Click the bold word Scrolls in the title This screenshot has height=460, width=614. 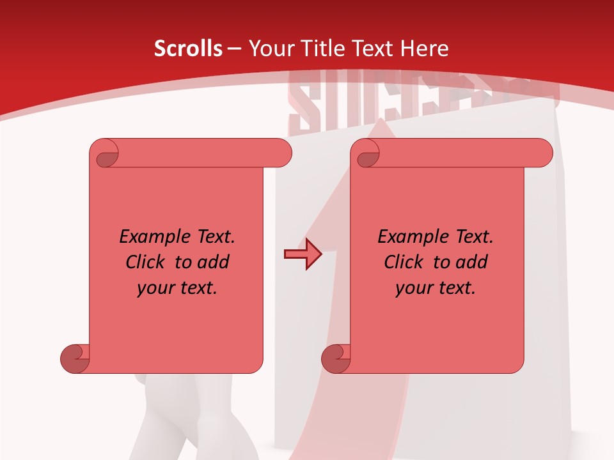point(188,48)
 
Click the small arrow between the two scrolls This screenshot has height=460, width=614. point(302,255)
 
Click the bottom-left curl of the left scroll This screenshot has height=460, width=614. point(75,358)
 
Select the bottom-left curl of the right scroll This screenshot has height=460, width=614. point(336,358)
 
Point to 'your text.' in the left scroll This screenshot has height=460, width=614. point(177,288)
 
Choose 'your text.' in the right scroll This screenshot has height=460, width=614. point(436,288)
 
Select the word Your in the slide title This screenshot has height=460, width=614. point(269,48)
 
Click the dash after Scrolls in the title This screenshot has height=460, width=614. point(234,49)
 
